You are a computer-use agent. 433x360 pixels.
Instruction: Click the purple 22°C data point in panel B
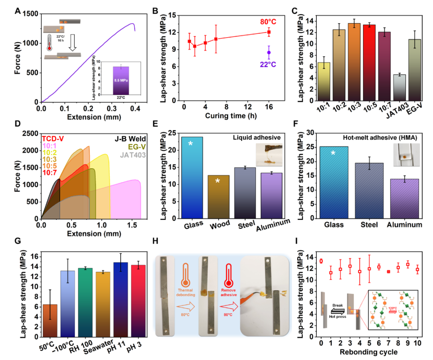coord(269,52)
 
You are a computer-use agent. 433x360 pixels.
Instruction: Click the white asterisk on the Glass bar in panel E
coord(192,143)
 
